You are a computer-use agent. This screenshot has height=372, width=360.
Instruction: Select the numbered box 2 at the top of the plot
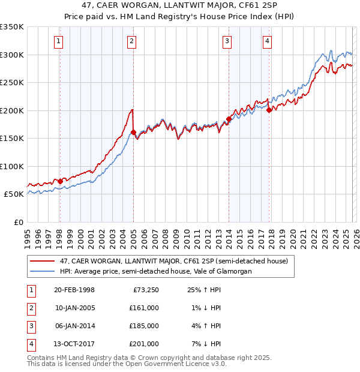pyautogui.click(x=131, y=41)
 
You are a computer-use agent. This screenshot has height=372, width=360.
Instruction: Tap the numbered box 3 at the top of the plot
pyautogui.click(x=227, y=41)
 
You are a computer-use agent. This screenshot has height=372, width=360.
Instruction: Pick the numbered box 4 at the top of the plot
pyautogui.click(x=266, y=41)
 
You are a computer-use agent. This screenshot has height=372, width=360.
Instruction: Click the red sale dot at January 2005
pyautogui.click(x=133, y=132)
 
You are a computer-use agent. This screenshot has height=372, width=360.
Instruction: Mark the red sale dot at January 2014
pyautogui.click(x=229, y=119)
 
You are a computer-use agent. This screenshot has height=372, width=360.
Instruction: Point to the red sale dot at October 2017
pyautogui.click(x=269, y=110)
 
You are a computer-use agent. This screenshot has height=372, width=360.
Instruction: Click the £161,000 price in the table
pyautogui.click(x=144, y=308)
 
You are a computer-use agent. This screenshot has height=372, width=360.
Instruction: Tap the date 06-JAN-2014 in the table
pyautogui.click(x=74, y=326)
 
